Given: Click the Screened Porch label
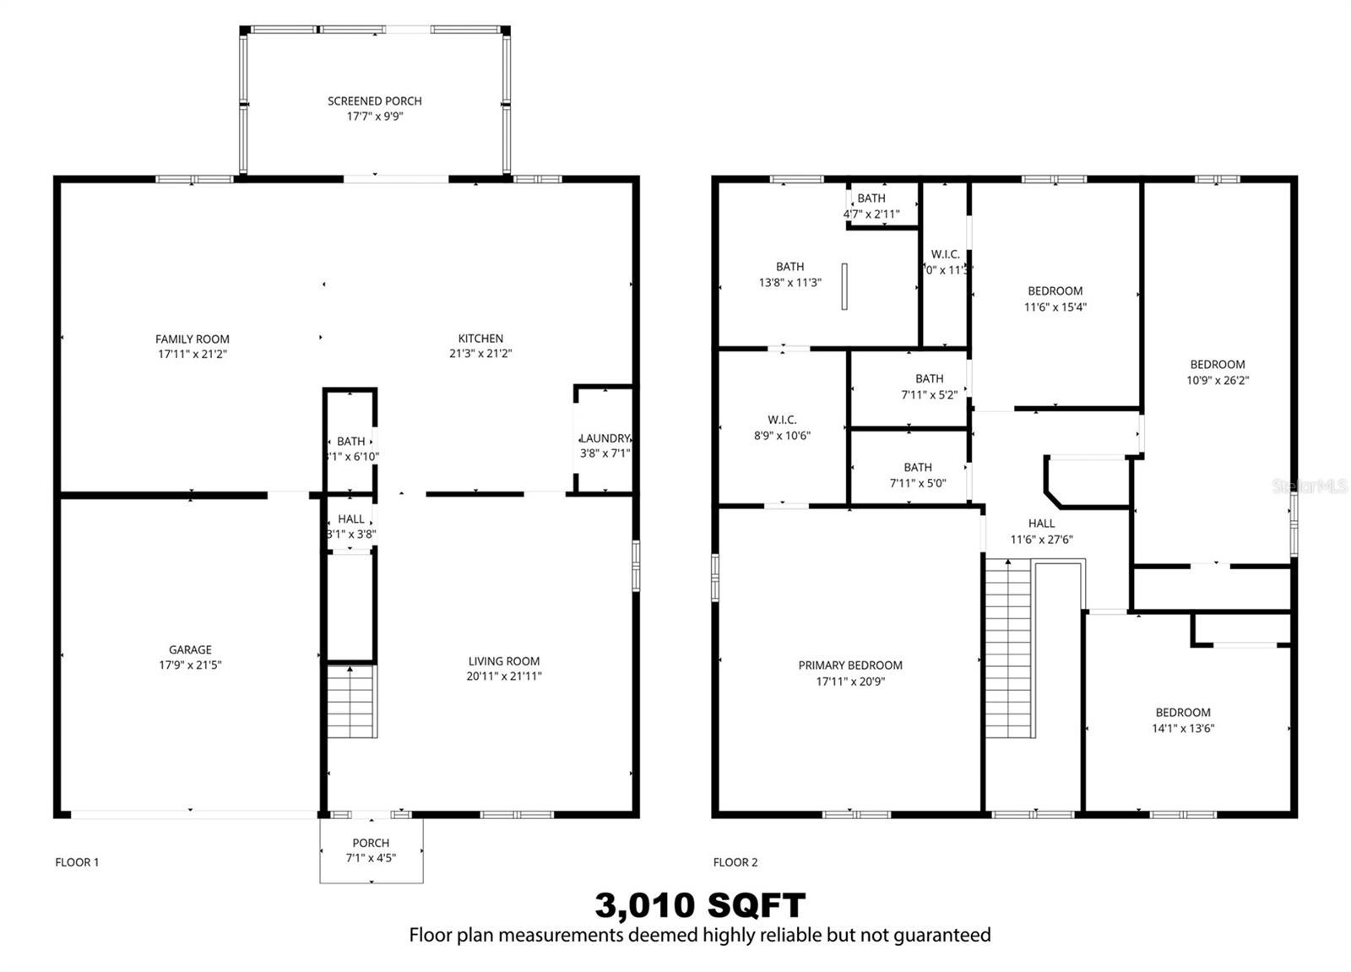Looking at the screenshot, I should [375, 101].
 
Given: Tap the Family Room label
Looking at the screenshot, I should [193, 339].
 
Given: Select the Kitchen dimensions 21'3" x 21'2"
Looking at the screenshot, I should [480, 354].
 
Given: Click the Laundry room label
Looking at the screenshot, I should [605, 438].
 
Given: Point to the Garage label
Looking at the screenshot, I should [190, 649].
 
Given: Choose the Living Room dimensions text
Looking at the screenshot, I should [504, 676].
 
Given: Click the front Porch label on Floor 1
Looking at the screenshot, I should [371, 843].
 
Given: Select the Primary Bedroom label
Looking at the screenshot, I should [850, 665].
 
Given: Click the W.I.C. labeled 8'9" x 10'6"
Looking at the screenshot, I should [782, 427].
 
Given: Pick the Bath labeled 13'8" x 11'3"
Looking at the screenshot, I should [790, 274].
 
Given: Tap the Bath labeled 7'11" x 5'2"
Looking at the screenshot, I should [929, 386].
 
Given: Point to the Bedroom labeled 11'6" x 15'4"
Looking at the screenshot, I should [1055, 299].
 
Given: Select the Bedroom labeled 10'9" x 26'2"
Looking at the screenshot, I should [1218, 372].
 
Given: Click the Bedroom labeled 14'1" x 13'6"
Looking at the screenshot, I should [1183, 720].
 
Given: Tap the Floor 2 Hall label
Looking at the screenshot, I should [1041, 524].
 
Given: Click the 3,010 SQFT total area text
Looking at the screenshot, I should [700, 906].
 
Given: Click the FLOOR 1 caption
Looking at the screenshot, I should [77, 862].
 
